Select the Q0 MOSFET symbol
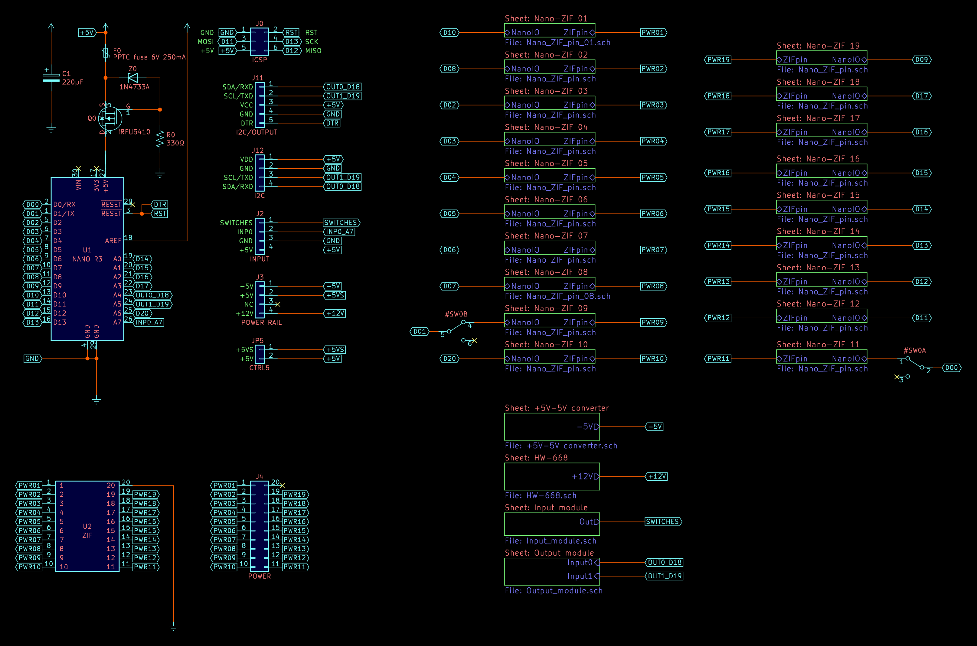point(109,118)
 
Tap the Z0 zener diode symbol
point(132,77)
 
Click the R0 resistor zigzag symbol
point(160,139)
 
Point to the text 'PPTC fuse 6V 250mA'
point(149,57)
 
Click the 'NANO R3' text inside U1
point(87,259)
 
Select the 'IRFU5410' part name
point(134,132)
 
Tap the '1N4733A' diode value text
point(134,87)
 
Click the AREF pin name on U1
point(113,241)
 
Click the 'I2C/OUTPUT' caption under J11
point(257,132)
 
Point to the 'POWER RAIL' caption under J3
point(261,323)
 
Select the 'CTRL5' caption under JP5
point(259,368)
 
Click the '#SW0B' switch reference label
point(456,314)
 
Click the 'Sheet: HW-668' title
point(536,458)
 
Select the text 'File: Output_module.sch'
point(553,591)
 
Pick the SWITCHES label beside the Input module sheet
point(663,521)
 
